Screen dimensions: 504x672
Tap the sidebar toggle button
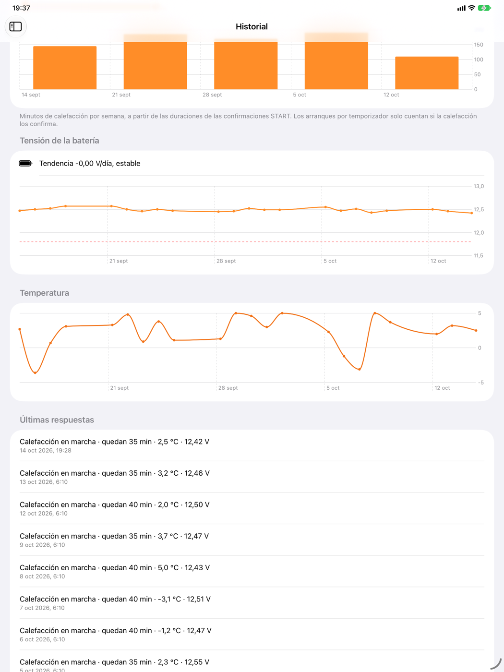[16, 26]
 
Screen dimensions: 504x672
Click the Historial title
[252, 26]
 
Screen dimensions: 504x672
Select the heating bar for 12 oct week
[427, 73]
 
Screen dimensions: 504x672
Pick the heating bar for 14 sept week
[65, 68]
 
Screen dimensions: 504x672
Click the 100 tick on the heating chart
[478, 60]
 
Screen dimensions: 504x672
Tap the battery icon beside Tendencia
[26, 164]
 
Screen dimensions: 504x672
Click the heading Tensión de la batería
[60, 141]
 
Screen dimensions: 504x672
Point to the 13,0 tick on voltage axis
[479, 186]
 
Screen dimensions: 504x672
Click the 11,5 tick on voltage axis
[478, 256]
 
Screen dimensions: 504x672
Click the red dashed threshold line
[245, 242]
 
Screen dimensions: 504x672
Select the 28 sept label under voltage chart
[226, 261]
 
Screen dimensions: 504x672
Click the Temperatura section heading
[44, 293]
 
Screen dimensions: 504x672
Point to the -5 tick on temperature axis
[481, 383]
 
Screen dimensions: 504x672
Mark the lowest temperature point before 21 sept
[35, 372]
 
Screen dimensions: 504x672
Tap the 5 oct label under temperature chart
[333, 388]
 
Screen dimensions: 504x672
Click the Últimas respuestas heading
[57, 420]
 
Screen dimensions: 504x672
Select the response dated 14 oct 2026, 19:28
[114, 445]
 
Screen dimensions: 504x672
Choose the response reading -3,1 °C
[115, 603]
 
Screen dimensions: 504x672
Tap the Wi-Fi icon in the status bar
[471, 8]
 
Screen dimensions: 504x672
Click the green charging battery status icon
[484, 8]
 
